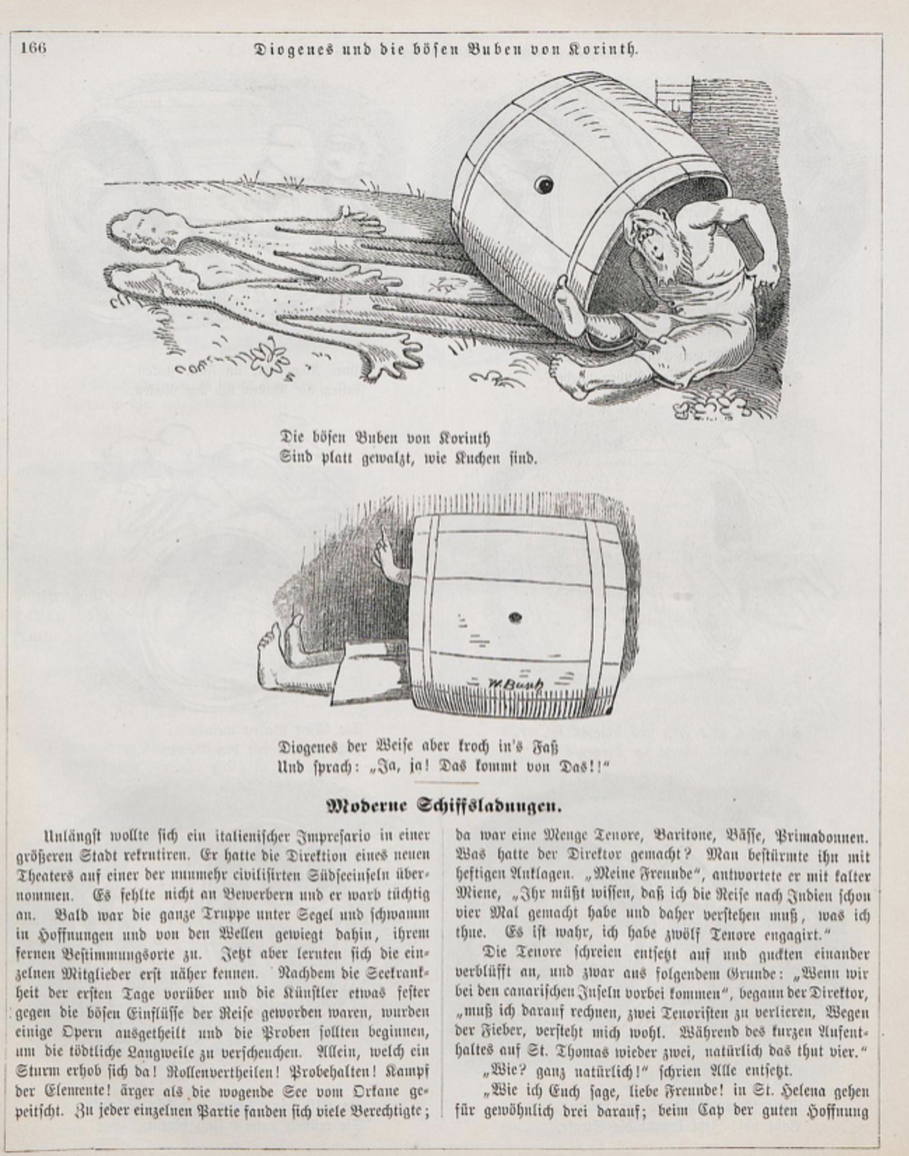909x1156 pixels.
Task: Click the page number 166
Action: (33, 48)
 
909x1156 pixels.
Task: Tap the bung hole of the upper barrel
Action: (543, 185)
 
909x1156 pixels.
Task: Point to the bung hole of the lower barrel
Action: (516, 616)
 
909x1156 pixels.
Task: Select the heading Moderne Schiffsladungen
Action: (445, 806)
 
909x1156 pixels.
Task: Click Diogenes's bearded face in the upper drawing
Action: (647, 241)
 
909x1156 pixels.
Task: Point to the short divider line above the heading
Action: (445, 782)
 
